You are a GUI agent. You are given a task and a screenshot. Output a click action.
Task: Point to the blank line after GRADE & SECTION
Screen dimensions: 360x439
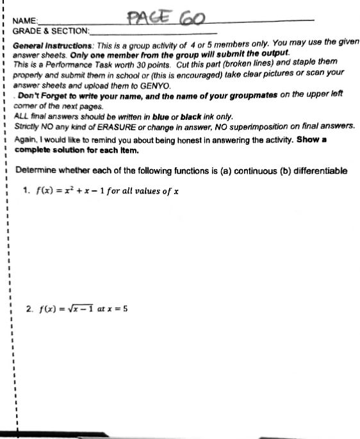coord(154,32)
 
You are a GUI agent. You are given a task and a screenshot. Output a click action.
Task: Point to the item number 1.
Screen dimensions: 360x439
coord(27,191)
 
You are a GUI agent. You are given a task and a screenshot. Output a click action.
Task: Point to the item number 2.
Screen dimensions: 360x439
coord(29,308)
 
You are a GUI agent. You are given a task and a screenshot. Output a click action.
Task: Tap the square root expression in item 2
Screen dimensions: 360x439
coord(81,308)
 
